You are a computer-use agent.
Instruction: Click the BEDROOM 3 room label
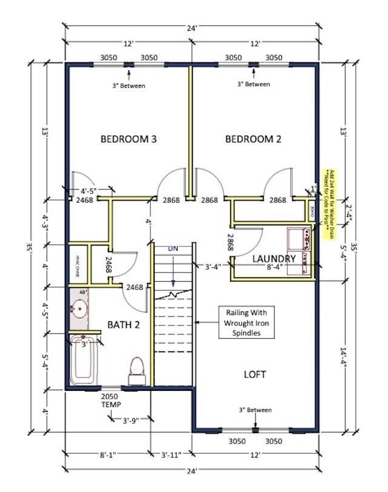click(129, 139)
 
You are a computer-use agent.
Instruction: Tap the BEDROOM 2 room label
click(253, 139)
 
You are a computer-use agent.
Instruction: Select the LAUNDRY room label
click(274, 259)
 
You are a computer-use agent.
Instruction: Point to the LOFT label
click(255, 374)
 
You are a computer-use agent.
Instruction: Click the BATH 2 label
click(124, 325)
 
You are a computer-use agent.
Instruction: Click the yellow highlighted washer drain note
click(328, 204)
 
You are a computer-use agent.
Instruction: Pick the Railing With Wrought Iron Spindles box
click(246, 322)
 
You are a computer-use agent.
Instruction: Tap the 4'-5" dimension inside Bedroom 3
click(88, 191)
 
